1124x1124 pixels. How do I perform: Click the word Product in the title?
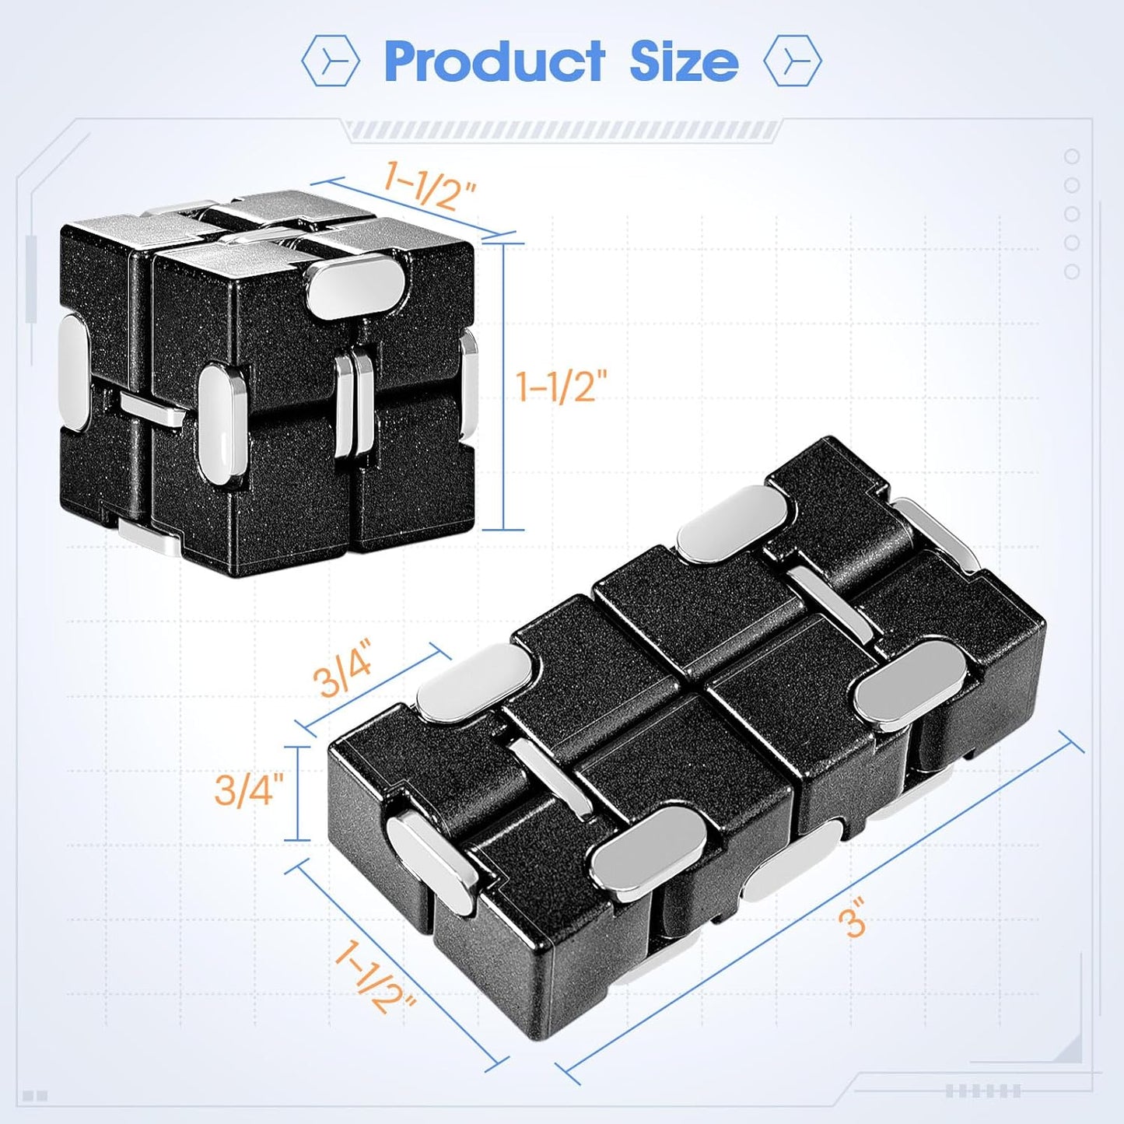point(495,61)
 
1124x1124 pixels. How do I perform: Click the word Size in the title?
point(683,61)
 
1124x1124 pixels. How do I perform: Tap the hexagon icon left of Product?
point(331,61)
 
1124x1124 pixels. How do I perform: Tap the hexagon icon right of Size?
point(792,61)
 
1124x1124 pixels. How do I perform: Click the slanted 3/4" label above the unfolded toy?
point(343,667)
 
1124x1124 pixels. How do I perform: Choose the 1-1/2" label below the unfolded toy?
point(374,977)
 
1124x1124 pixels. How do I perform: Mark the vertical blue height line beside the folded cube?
point(504,387)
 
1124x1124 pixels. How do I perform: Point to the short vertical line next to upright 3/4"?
point(297,793)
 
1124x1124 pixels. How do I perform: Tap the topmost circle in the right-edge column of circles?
point(1072,157)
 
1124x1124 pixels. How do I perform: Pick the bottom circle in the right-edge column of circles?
point(1072,271)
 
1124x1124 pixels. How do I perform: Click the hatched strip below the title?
point(562,130)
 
